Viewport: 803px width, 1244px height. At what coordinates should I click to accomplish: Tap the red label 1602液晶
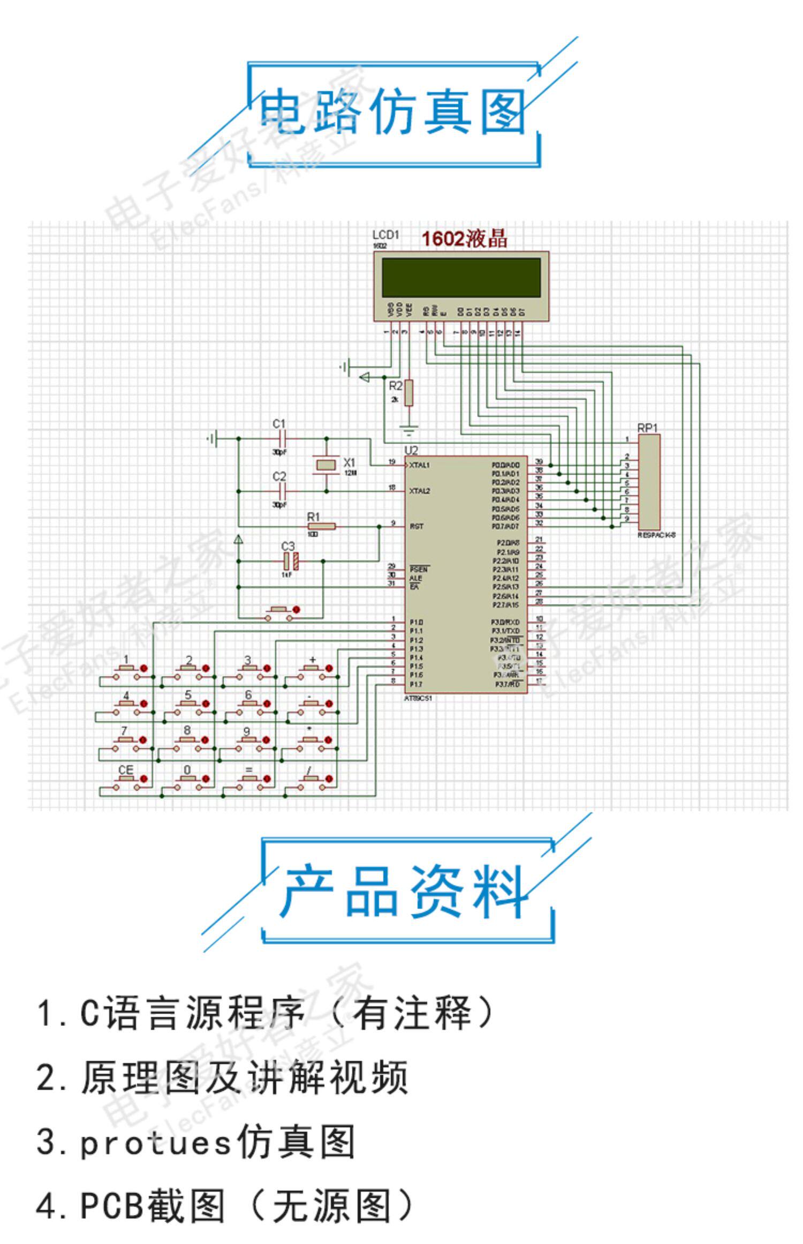pos(464,239)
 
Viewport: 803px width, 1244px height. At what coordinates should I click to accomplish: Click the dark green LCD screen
pos(461,278)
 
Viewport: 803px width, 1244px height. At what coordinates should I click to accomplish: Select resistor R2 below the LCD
pos(409,393)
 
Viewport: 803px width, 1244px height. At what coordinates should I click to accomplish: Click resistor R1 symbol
pos(321,527)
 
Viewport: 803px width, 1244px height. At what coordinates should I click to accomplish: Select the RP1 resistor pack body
pos(649,481)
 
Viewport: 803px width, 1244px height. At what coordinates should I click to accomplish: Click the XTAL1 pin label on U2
pos(419,465)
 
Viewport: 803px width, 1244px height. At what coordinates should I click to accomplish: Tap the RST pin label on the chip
pos(416,526)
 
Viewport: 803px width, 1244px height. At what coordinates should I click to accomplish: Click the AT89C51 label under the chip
pos(419,699)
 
